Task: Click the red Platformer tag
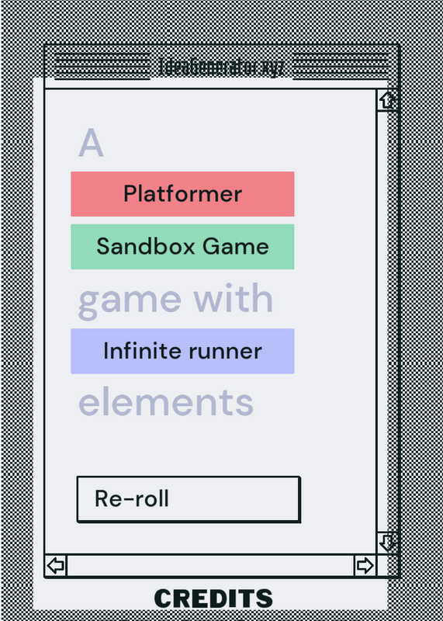pos(182,194)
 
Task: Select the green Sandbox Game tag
pos(182,247)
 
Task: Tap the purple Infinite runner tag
pos(182,351)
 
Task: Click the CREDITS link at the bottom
pos(213,598)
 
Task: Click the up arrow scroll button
pos(387,100)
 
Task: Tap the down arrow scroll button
pos(387,543)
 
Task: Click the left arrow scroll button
pos(55,565)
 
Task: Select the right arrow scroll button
pos(365,565)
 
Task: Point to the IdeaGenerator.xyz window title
pos(221,68)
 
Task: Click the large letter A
pos(91,143)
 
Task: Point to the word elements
pos(166,402)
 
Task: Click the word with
pos(234,298)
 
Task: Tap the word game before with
pos(130,303)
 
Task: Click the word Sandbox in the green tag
pos(146,246)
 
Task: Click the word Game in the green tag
pos(236,246)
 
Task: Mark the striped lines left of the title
pos(102,66)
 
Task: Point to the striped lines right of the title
pos(341,66)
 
